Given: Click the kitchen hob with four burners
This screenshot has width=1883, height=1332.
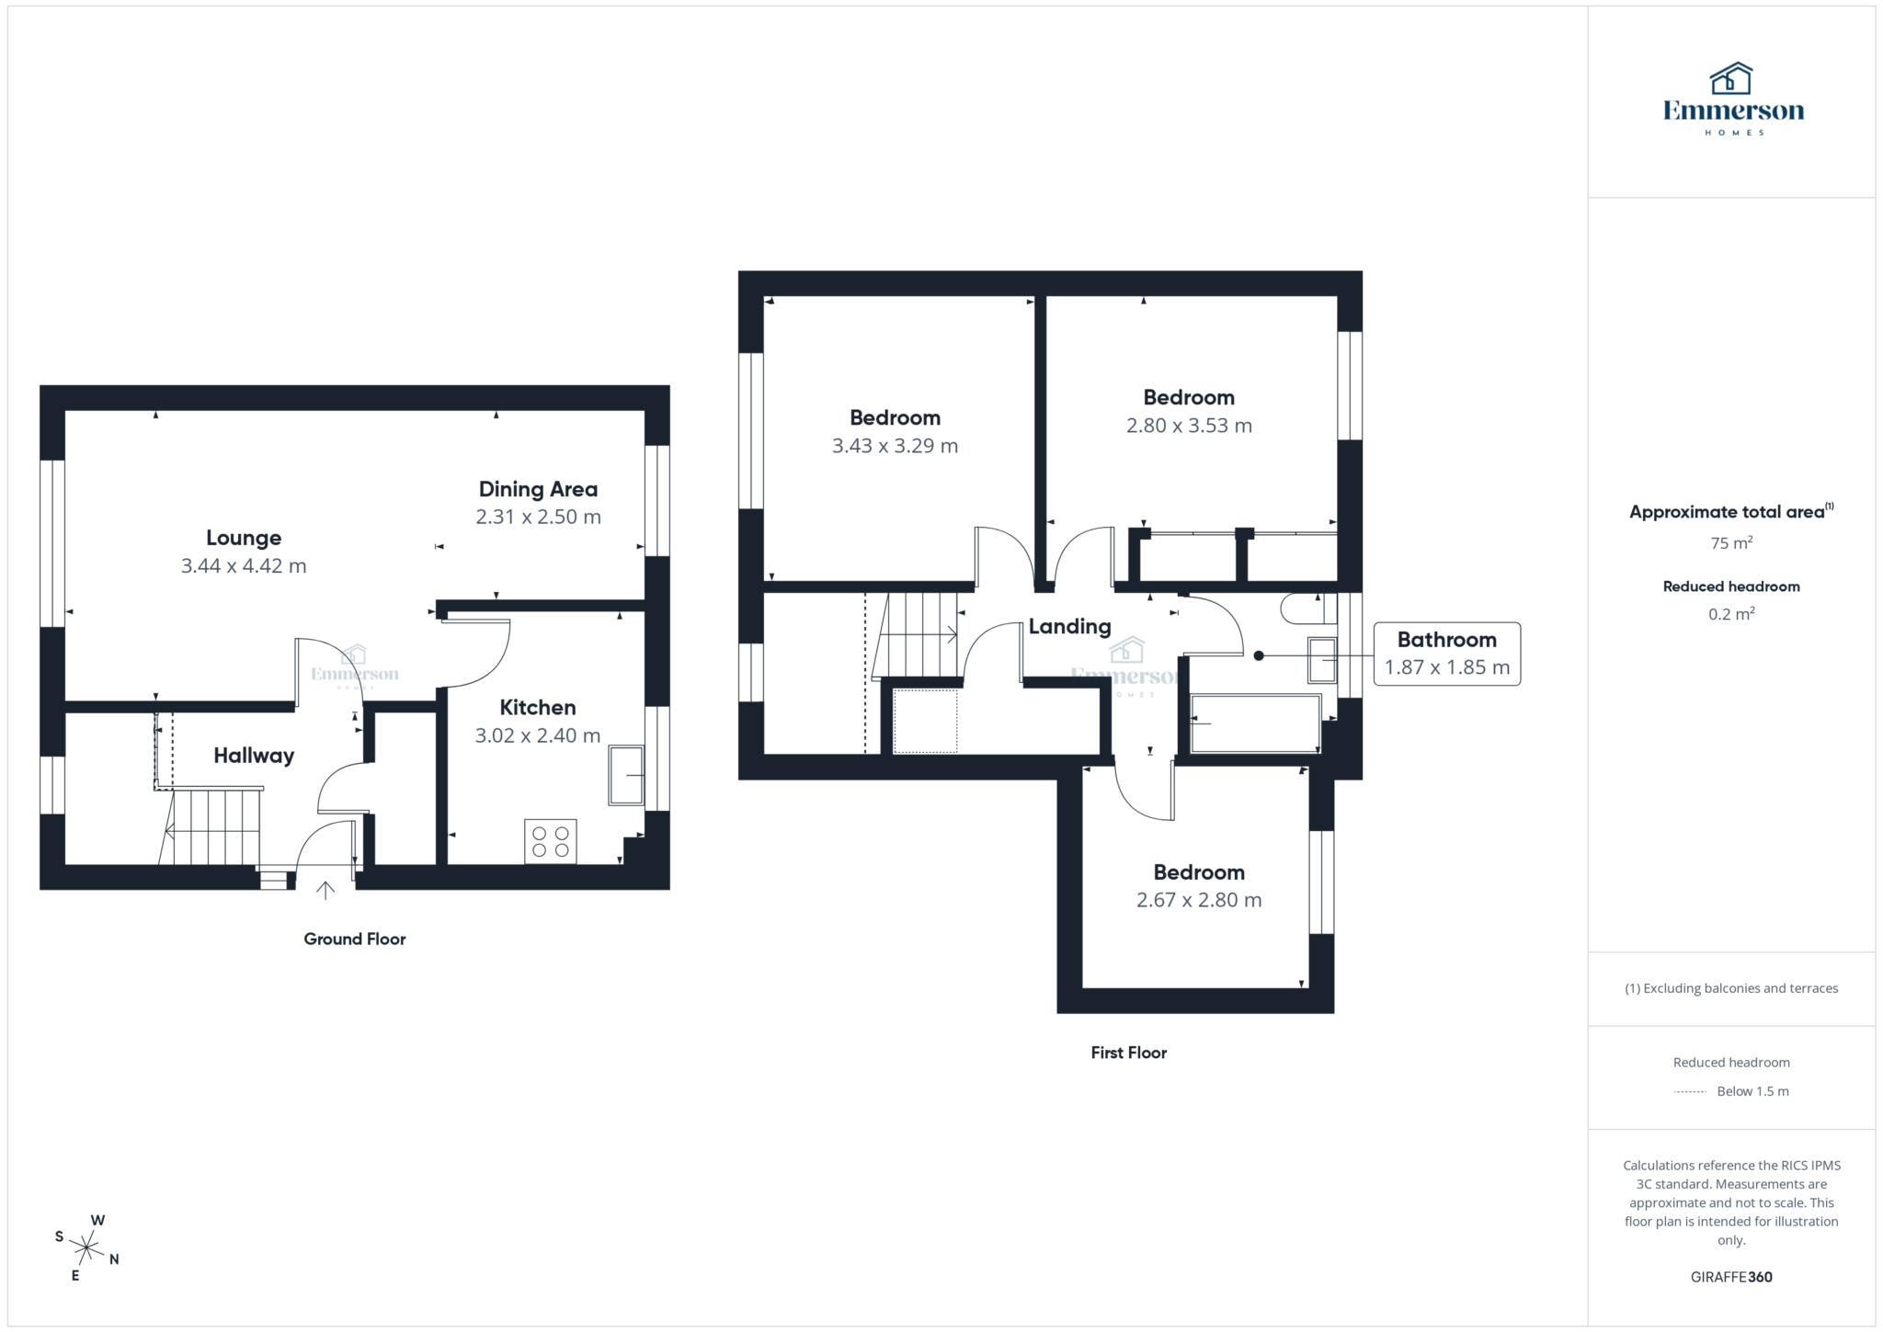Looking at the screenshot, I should [550, 841].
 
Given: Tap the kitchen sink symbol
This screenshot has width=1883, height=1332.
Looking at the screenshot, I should [626, 775].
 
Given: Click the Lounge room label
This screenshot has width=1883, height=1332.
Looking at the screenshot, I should [244, 538].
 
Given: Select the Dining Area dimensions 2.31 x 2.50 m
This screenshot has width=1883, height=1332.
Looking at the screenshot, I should [538, 518].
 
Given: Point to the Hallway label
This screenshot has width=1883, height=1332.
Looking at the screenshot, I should [254, 756].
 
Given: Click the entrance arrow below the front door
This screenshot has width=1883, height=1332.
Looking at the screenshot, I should [325, 890].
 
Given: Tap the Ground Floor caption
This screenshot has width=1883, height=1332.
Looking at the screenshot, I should [354, 939].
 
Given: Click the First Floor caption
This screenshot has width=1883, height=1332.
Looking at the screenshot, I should [1128, 1053].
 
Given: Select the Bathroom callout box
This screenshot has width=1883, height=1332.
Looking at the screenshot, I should [1446, 654].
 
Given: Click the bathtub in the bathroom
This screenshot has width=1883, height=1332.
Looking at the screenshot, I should [1255, 723].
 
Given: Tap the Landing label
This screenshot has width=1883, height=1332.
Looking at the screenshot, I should [1069, 627].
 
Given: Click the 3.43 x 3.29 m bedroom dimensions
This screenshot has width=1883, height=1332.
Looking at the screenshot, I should [895, 447].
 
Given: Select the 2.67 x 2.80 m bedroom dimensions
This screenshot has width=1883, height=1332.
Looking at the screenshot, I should [1198, 901].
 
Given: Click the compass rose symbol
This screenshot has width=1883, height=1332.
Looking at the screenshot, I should [86, 1248].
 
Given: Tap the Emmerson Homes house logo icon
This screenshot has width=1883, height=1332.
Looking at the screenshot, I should [1730, 79].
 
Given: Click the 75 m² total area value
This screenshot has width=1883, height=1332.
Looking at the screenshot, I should [1730, 543].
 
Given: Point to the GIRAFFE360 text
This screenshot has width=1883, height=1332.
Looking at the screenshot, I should [1730, 1277].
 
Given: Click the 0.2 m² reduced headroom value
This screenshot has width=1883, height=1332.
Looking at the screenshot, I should [1730, 614].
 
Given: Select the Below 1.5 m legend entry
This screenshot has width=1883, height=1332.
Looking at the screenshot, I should [1752, 1091].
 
